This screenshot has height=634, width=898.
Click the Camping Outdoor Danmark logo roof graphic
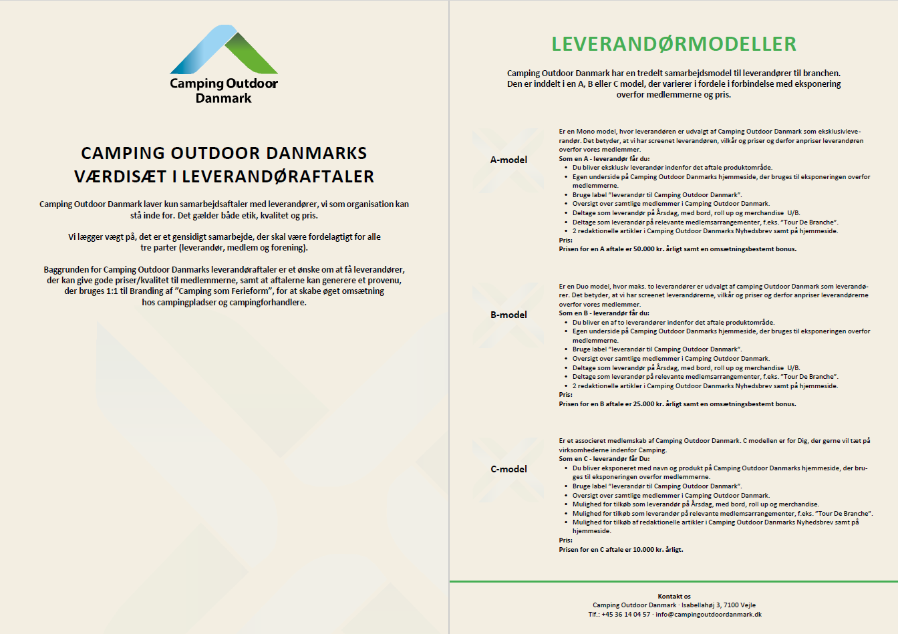[224, 50]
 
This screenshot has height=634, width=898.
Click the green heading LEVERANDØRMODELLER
[673, 44]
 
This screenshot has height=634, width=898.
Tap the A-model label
[508, 160]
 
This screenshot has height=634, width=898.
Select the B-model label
[508, 315]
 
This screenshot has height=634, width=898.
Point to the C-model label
[508, 469]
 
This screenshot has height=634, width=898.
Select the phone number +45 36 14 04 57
[625, 615]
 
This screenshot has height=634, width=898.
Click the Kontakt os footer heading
[673, 597]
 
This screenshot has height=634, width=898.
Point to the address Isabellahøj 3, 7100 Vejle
[718, 605]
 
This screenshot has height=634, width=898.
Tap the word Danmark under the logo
[224, 98]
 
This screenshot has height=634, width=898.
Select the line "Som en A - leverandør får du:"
[604, 159]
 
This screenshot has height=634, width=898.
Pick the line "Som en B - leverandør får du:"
[604, 313]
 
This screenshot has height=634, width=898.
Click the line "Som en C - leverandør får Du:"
[604, 459]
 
